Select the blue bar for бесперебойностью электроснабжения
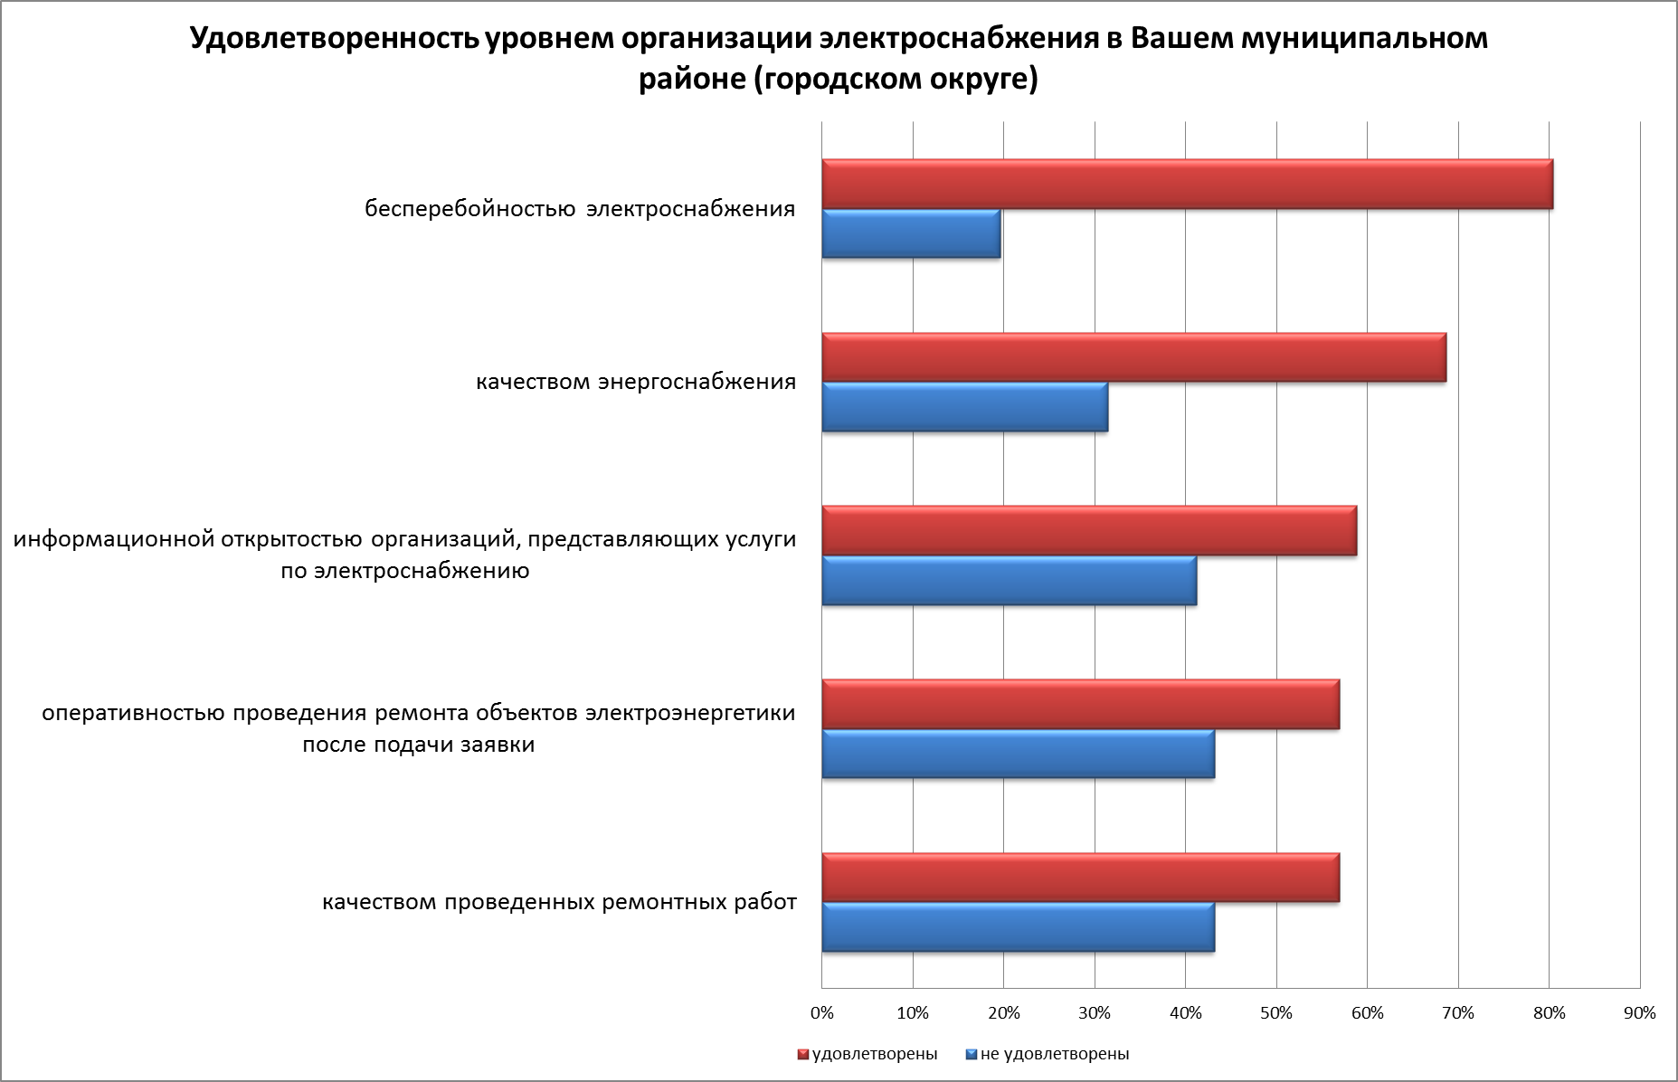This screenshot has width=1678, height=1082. tap(911, 233)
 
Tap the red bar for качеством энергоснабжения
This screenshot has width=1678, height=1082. tap(1133, 357)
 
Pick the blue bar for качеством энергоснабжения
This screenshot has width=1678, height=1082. tap(964, 407)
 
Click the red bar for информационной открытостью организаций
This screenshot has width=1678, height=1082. tap(1089, 530)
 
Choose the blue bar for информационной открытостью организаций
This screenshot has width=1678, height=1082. tap(1009, 580)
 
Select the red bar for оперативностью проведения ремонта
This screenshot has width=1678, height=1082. tap(1080, 704)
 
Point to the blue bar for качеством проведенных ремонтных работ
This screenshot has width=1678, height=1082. tap(1018, 926)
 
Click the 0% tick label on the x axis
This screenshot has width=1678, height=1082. tap(821, 1013)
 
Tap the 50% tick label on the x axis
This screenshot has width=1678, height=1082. tap(1276, 1013)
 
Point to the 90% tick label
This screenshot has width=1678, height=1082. tap(1640, 1013)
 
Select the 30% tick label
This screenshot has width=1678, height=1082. tap(1095, 1013)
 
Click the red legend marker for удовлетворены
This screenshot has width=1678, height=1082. tap(802, 1055)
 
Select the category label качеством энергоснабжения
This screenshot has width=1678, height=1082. tap(636, 382)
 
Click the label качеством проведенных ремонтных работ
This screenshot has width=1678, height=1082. tap(560, 903)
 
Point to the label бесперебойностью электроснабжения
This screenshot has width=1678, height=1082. tap(580, 209)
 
